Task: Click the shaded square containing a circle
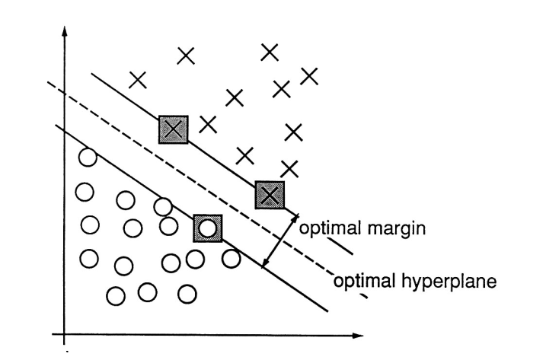pos(207,227)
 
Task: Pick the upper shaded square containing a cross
pos(174,130)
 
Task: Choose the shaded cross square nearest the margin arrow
pos(269,195)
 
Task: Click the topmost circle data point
pos(88,158)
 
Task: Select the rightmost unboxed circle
pos(231,258)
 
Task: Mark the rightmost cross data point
pos(308,75)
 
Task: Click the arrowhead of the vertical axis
pos(65,33)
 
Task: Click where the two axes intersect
pos(65,333)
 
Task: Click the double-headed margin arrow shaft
pos(279,240)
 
